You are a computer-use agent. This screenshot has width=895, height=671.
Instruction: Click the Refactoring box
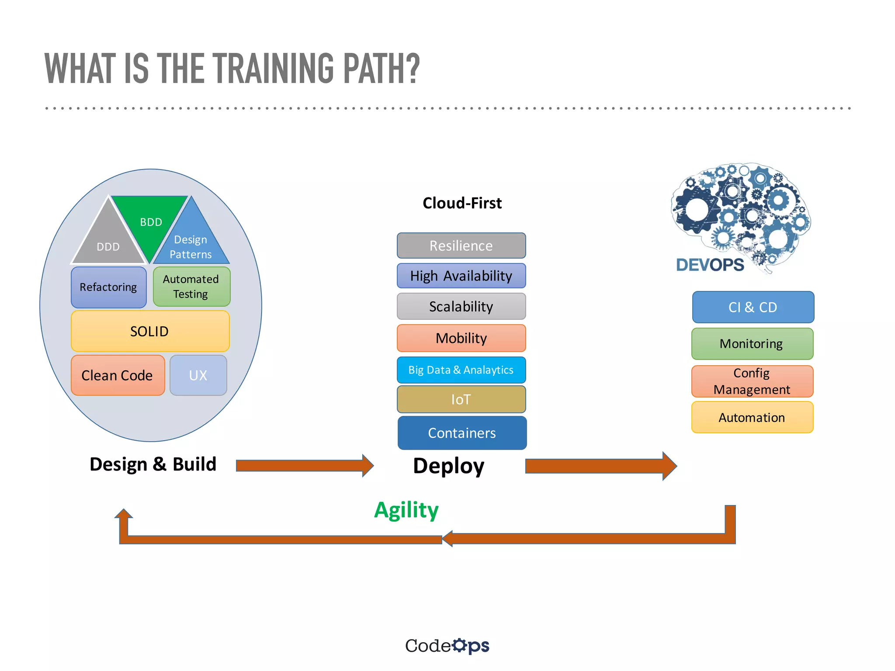pos(108,287)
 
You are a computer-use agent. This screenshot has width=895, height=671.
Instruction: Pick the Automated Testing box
pos(191,287)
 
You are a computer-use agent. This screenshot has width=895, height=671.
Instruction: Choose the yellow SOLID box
pos(150,331)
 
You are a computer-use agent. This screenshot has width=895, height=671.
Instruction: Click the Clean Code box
pos(118,375)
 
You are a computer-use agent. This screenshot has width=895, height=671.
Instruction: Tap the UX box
pos(198,375)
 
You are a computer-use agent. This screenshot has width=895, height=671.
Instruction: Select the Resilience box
pos(461,246)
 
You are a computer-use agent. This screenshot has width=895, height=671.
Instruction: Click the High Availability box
pos(461,276)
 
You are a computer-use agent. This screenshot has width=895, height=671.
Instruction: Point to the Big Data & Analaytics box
pos(461,370)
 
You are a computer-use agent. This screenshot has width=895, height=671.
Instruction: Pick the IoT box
pos(461,399)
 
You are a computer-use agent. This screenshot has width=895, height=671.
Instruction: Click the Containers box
pos(462,433)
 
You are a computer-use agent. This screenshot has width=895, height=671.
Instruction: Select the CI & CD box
pos(753,307)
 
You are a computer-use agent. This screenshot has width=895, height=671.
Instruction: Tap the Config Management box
pos(752,381)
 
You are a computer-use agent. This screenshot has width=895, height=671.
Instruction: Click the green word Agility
pos(406,510)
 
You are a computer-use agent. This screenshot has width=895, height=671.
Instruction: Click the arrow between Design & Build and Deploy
pos(304,466)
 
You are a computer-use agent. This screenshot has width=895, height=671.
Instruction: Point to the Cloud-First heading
pos(462,203)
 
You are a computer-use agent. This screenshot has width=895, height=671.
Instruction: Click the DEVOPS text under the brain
pos(710,265)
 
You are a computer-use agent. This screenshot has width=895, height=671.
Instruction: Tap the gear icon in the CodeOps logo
pos(459,645)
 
